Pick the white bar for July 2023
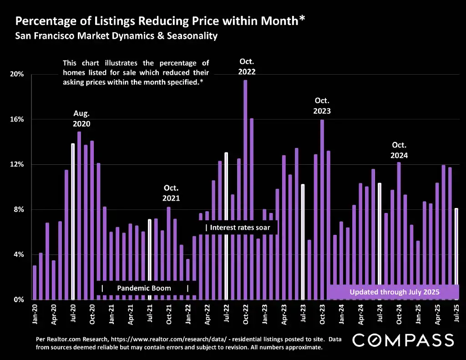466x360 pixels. coord(303,241)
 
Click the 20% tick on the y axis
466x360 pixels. coord(18,74)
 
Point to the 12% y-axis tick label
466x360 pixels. coord(18,164)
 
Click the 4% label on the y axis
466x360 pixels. coord(19,254)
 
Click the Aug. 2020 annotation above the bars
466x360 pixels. coord(81,119)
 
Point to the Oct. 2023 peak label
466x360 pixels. coord(322,106)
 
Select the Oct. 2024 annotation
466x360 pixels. coord(399,150)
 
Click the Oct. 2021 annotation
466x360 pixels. coord(172,193)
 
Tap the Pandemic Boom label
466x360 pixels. coord(144,288)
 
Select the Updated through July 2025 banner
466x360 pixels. coord(394,292)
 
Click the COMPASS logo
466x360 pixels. coord(403,340)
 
